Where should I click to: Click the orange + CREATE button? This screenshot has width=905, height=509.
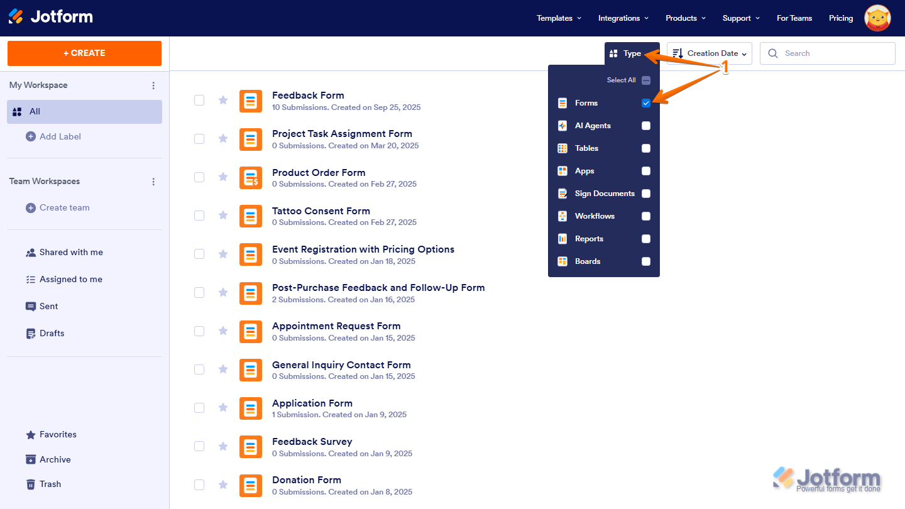tap(84, 53)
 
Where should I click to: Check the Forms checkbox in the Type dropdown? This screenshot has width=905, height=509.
tap(645, 103)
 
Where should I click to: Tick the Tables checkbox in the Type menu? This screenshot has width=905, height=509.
tap(645, 148)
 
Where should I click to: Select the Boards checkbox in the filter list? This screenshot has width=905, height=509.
tap(645, 261)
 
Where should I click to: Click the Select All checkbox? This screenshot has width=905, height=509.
tap(645, 80)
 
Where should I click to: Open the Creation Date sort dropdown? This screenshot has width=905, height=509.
tap(709, 53)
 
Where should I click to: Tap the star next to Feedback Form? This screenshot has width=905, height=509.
tap(223, 100)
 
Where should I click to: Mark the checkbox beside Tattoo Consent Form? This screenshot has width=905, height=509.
tap(199, 216)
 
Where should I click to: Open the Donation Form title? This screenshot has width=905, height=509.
tap(307, 480)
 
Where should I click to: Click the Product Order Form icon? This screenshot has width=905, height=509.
tap(251, 178)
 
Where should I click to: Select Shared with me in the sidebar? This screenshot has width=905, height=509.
tap(64, 253)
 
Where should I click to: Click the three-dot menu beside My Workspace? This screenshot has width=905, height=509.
tap(153, 85)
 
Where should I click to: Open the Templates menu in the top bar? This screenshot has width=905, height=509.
tap(559, 18)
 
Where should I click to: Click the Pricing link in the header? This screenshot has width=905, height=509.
tap(841, 18)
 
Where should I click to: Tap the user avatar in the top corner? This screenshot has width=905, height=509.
tap(877, 18)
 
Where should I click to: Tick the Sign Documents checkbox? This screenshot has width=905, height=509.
tap(645, 194)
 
